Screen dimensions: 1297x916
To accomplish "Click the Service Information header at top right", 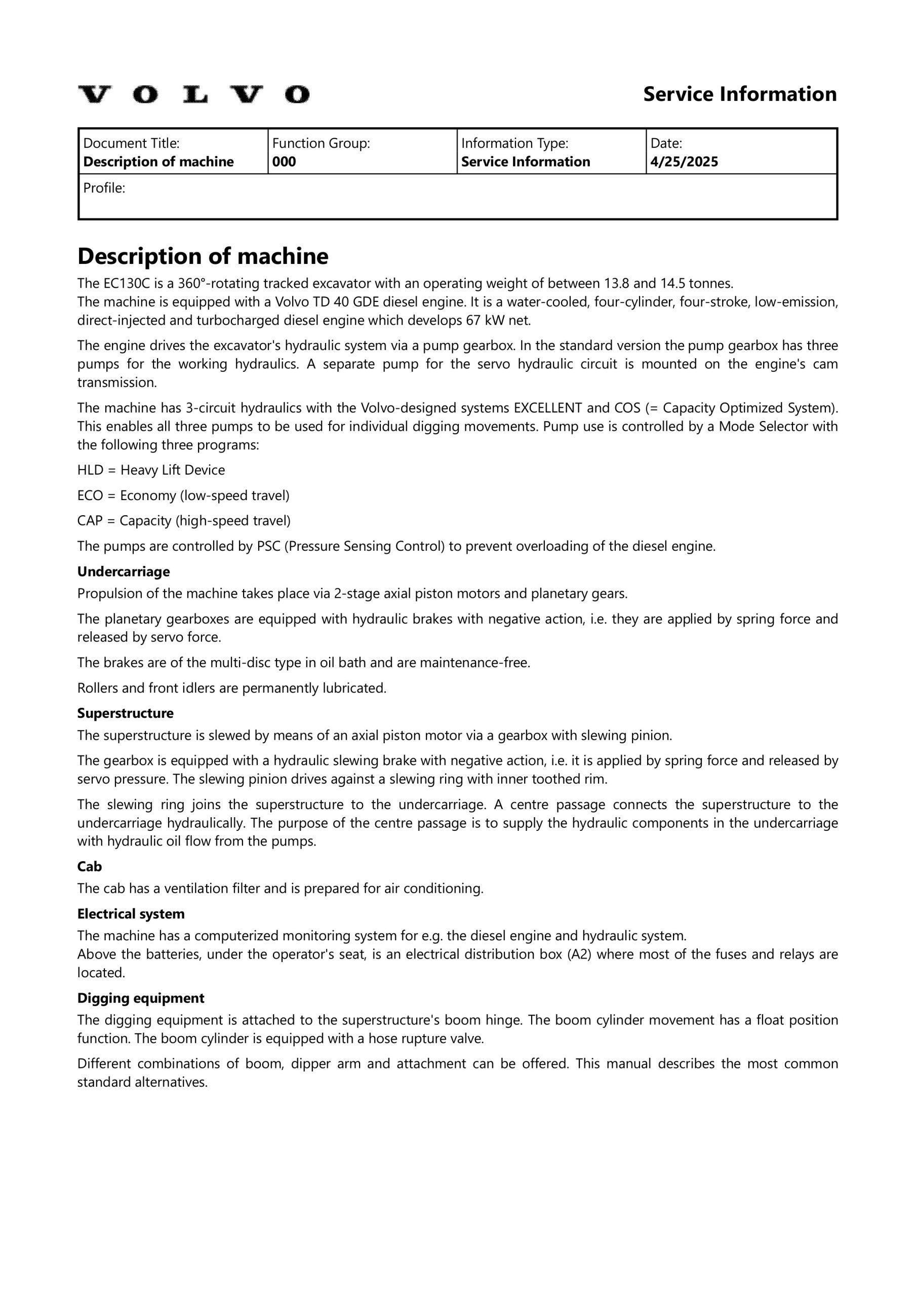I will (739, 94).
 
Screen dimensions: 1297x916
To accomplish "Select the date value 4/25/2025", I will (684, 162).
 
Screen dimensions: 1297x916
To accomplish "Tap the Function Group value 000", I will (284, 162).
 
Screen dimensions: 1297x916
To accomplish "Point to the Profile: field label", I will (104, 188).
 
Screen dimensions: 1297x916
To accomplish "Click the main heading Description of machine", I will (203, 256).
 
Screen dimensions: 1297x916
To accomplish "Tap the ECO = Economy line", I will (183, 495).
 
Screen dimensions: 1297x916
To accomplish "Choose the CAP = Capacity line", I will (184, 520).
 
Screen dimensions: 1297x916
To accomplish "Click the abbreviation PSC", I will (269, 546).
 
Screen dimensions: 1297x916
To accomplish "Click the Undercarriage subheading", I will (124, 571).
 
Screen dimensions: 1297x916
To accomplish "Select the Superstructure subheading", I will (126, 713).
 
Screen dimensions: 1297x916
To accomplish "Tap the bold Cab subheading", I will (89, 866).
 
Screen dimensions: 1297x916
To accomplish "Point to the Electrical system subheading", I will (131, 914).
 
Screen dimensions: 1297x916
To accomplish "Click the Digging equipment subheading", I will (141, 998).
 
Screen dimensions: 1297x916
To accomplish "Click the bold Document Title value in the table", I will (158, 162).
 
